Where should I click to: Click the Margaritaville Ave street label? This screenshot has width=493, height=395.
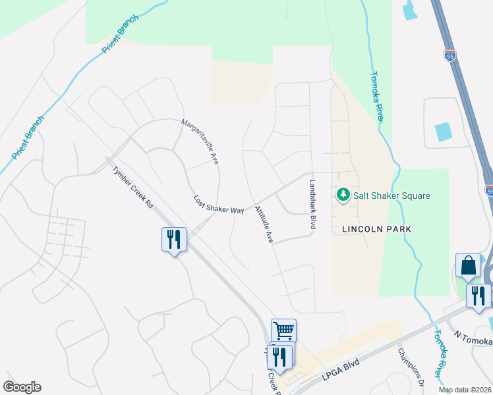coord(200,142)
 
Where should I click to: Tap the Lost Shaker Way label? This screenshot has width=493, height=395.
coord(219,204)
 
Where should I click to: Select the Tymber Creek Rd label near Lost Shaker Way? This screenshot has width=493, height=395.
coord(132,187)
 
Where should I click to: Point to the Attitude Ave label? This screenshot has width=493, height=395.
coord(264,225)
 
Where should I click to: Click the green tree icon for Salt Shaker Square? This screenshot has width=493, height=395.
coord(343,196)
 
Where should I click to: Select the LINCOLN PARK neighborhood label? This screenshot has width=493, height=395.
coord(376,229)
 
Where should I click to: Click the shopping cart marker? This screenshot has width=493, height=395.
coord(283,330)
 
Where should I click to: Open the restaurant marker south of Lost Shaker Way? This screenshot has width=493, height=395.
coord(174,239)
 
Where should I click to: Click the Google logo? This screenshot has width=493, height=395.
coord(22,387)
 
